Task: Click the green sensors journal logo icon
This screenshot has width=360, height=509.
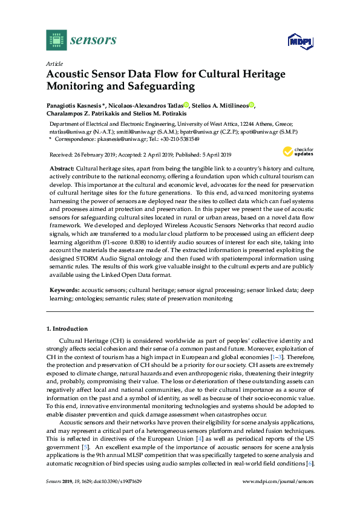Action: [56, 40]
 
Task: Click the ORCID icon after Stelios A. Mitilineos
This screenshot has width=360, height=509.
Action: [251, 105]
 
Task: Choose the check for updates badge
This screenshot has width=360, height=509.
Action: [297, 151]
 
